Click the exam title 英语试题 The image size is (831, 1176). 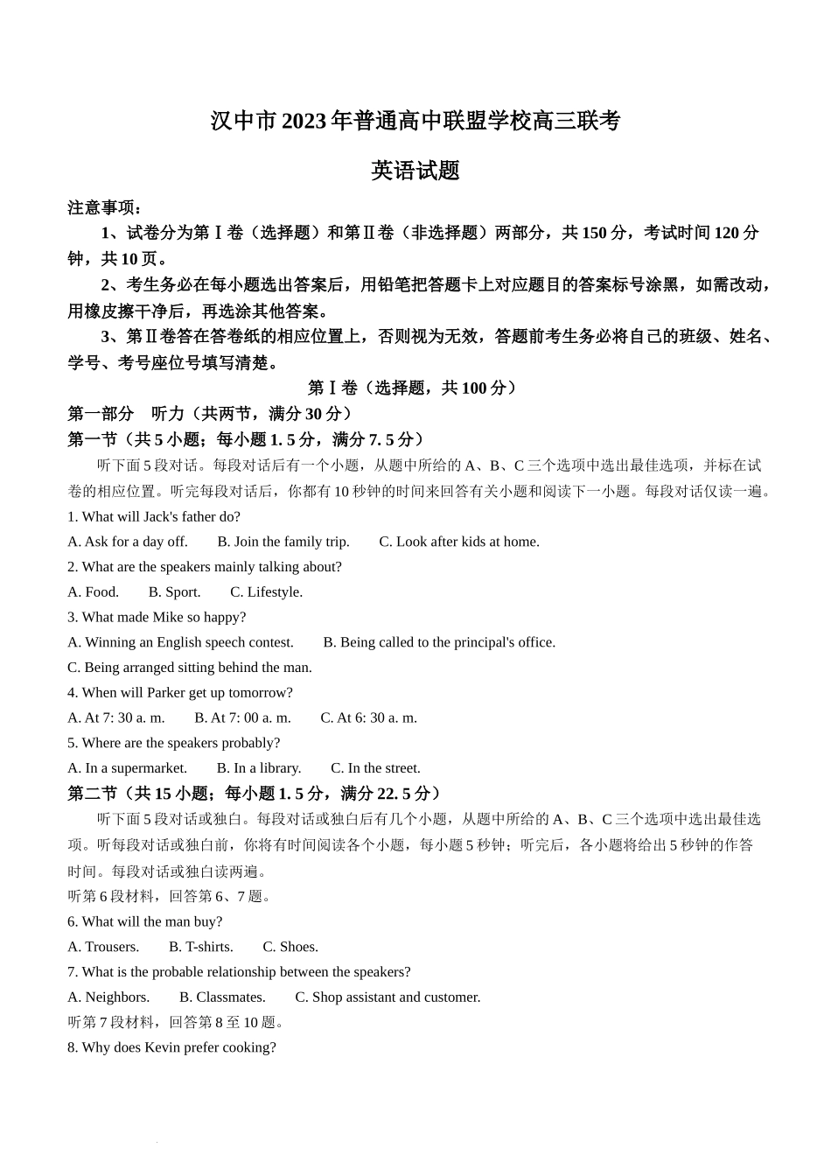click(x=415, y=171)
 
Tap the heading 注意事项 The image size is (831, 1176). click(x=104, y=207)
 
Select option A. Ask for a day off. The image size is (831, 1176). click(x=128, y=542)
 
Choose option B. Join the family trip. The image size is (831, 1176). click(x=283, y=542)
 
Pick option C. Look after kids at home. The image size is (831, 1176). click(x=459, y=542)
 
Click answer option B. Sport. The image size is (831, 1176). click(x=175, y=592)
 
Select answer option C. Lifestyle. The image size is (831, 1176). click(x=267, y=592)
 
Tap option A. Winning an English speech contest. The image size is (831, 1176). click(x=181, y=642)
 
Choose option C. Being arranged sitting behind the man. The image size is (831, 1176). click(x=190, y=668)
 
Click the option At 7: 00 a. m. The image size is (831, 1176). click(x=242, y=717)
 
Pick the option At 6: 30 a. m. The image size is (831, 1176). click(x=368, y=717)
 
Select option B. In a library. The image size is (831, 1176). click(x=259, y=768)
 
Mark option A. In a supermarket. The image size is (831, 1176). click(x=128, y=768)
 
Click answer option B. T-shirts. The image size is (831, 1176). click(x=201, y=947)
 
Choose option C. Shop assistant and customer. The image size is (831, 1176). click(x=388, y=997)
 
